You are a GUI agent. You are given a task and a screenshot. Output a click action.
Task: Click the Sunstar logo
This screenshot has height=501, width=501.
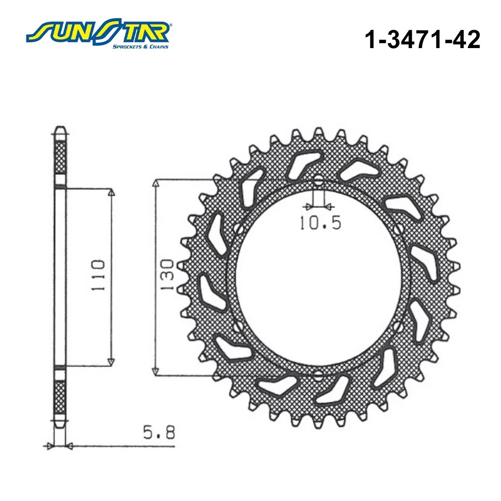(98, 34)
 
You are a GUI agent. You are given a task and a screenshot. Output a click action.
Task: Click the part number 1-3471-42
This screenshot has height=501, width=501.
(422, 40)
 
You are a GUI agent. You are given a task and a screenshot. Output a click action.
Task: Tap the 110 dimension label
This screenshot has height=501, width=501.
(98, 275)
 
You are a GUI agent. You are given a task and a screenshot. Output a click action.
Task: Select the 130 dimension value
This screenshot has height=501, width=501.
(167, 275)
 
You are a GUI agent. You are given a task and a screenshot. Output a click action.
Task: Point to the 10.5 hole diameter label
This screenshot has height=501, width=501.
(320, 222)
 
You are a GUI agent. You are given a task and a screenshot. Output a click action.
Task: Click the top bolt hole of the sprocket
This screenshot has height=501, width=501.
(318, 180)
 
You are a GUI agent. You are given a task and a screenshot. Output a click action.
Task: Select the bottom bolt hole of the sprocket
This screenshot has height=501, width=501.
(318, 375)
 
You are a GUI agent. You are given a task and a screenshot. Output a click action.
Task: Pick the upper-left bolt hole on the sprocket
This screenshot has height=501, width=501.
(238, 229)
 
